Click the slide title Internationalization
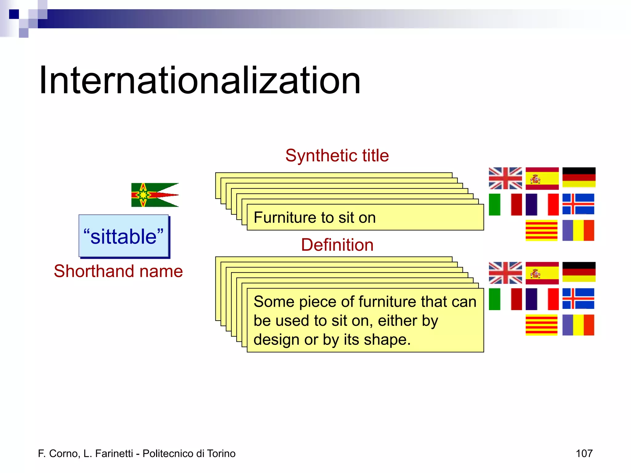click(200, 81)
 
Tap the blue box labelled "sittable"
click(124, 236)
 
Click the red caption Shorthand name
click(118, 271)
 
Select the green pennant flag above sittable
click(155, 195)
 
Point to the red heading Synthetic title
click(337, 156)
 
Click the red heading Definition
click(337, 245)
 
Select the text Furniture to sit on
click(315, 218)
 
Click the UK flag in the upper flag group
click(505, 178)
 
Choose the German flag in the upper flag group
click(579, 177)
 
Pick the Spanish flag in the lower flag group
click(542, 273)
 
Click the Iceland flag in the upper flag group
click(578, 204)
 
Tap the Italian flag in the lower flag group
click(505, 299)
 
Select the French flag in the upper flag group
click(542, 204)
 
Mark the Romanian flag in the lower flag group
click(578, 325)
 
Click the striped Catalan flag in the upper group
click(541, 230)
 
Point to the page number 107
click(584, 454)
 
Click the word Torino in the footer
click(221, 454)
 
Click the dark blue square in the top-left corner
click(14, 14)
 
